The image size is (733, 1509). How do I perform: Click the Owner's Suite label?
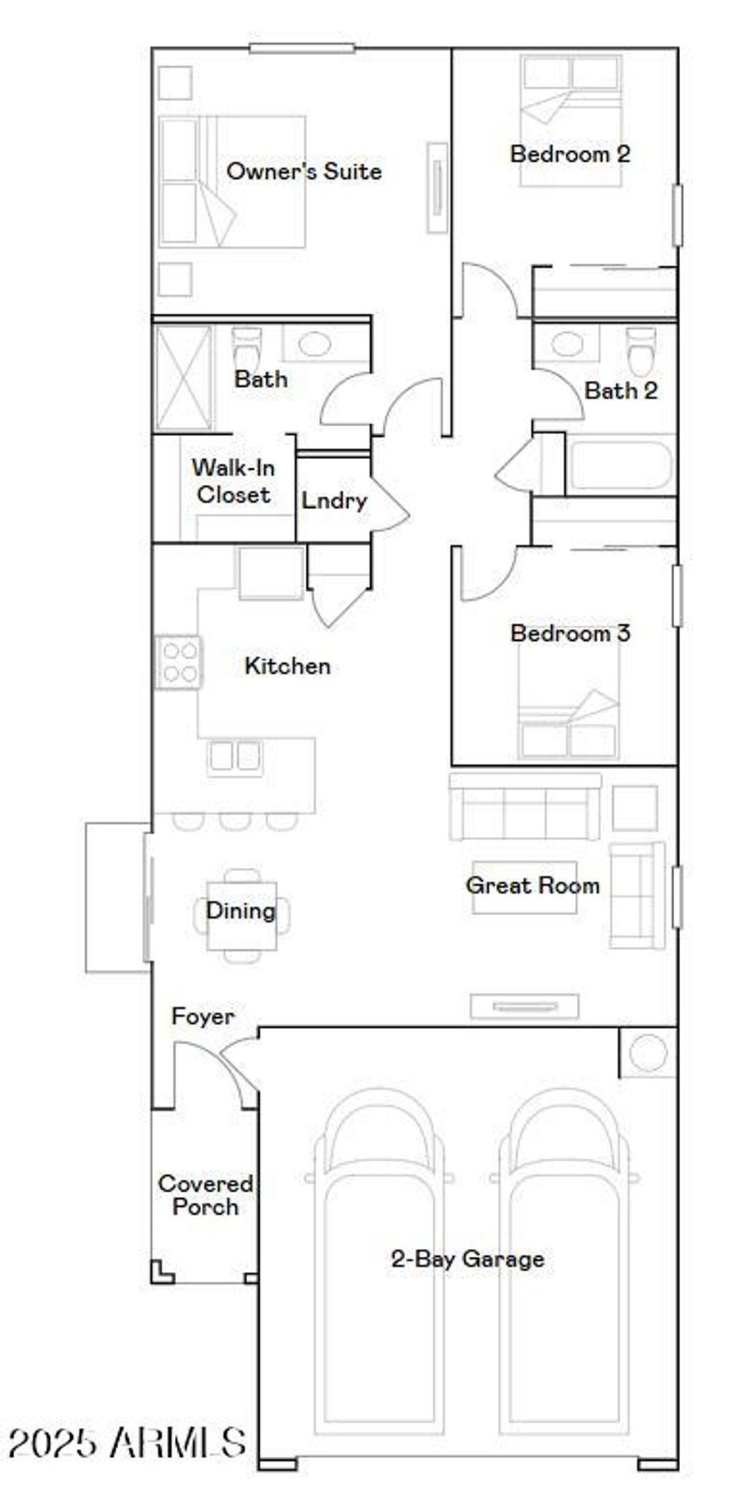click(x=304, y=171)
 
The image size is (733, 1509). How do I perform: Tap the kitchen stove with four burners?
click(x=179, y=662)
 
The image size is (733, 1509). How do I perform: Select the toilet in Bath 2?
click(x=640, y=350)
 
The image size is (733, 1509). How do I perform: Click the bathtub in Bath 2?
click(x=620, y=466)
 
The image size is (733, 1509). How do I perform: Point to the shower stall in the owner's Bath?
click(x=184, y=378)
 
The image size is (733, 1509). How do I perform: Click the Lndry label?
click(x=334, y=500)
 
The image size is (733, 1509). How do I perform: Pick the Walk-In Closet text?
click(x=233, y=481)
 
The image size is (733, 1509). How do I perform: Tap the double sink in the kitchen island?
click(x=234, y=756)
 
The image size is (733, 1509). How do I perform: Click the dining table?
click(x=241, y=915)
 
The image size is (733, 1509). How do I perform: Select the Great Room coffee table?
click(x=525, y=887)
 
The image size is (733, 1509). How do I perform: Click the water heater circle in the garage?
click(x=649, y=1053)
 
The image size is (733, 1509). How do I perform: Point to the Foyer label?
click(x=203, y=1016)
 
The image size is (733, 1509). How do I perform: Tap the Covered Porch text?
click(x=205, y=1195)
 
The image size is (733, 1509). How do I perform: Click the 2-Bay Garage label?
click(x=467, y=1259)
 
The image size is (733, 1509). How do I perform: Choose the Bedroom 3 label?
click(x=570, y=633)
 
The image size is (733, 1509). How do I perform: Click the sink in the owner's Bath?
click(x=314, y=344)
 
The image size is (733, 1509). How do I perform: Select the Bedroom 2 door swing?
click(x=489, y=291)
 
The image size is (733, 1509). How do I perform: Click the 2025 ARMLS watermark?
click(x=127, y=1442)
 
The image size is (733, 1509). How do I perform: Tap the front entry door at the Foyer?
click(x=215, y=1067)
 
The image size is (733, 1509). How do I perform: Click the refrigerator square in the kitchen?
click(x=271, y=573)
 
